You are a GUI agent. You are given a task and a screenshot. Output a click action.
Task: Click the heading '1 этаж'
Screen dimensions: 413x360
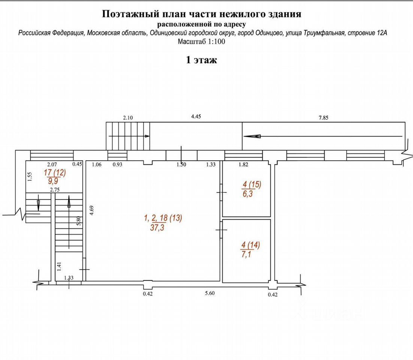(x=202, y=60)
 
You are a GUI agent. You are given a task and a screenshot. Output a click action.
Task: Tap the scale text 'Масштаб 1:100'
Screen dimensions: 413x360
(x=202, y=42)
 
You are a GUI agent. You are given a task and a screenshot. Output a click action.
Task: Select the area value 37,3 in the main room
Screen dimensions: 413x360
(x=158, y=227)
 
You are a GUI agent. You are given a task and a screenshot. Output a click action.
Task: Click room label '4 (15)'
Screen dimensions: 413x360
(x=251, y=184)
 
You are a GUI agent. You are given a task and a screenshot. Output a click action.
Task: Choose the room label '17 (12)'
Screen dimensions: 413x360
(x=55, y=173)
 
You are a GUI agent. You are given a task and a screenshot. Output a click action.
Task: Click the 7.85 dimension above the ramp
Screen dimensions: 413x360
(x=323, y=118)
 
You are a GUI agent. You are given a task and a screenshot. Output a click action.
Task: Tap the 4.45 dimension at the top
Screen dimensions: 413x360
(x=196, y=117)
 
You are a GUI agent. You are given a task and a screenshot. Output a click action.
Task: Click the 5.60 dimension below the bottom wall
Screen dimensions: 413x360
(x=210, y=294)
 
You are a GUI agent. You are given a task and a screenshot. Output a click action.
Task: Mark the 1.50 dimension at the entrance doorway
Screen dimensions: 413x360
(x=181, y=164)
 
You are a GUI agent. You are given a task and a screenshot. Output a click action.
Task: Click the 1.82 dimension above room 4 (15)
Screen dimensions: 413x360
(x=244, y=164)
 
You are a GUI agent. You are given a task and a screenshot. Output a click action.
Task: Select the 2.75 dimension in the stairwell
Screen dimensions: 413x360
(x=55, y=190)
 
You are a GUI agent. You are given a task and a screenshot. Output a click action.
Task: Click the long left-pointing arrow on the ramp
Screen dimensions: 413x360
(x=322, y=136)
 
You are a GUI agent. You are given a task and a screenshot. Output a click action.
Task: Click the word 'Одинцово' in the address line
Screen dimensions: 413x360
(x=270, y=33)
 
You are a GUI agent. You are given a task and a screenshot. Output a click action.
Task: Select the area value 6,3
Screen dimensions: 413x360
(x=247, y=194)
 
